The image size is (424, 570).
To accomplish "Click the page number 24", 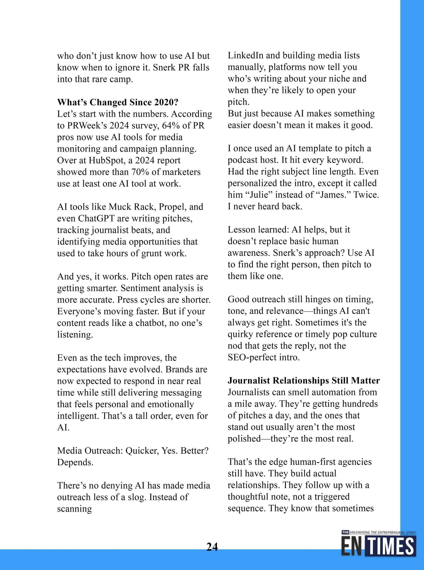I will tap(212, 547).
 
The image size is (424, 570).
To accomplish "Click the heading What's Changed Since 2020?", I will tap(118, 102).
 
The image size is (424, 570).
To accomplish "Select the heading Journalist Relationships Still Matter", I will tap(304, 380).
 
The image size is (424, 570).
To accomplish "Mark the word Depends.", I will tap(75, 462).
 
